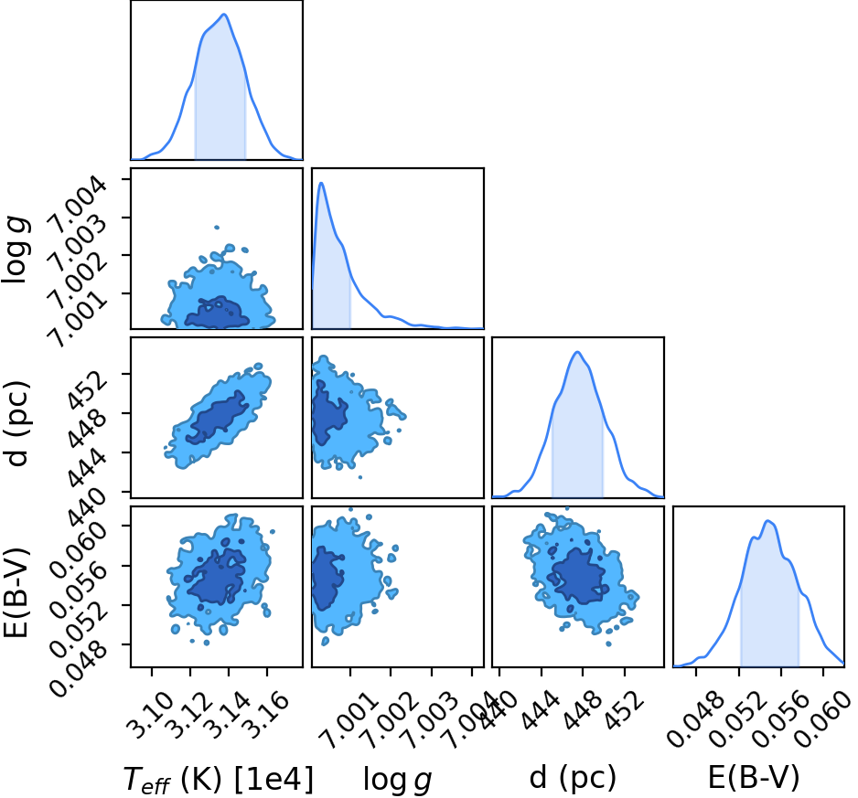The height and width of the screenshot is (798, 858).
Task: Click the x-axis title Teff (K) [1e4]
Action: (219, 780)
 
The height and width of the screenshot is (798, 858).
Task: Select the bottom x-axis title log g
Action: (398, 780)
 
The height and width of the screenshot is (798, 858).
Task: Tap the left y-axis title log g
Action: (16, 249)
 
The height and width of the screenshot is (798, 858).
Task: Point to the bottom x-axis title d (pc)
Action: (573, 777)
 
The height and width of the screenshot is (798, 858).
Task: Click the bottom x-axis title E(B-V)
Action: (754, 777)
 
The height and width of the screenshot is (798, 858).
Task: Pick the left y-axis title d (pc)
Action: (16, 423)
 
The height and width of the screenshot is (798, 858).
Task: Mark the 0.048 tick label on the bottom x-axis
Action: (694, 719)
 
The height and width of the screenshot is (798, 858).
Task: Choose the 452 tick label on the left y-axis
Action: (87, 391)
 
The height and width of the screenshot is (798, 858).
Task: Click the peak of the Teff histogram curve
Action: (224, 15)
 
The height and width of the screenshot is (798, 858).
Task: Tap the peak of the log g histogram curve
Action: (322, 183)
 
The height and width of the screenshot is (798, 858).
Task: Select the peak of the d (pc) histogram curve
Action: (577, 352)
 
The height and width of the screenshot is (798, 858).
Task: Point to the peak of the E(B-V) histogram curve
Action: (767, 521)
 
